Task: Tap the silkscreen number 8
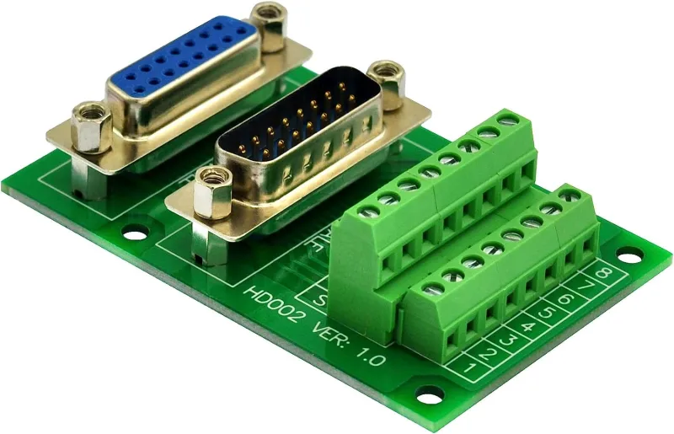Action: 603,274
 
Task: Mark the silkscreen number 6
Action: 568,299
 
